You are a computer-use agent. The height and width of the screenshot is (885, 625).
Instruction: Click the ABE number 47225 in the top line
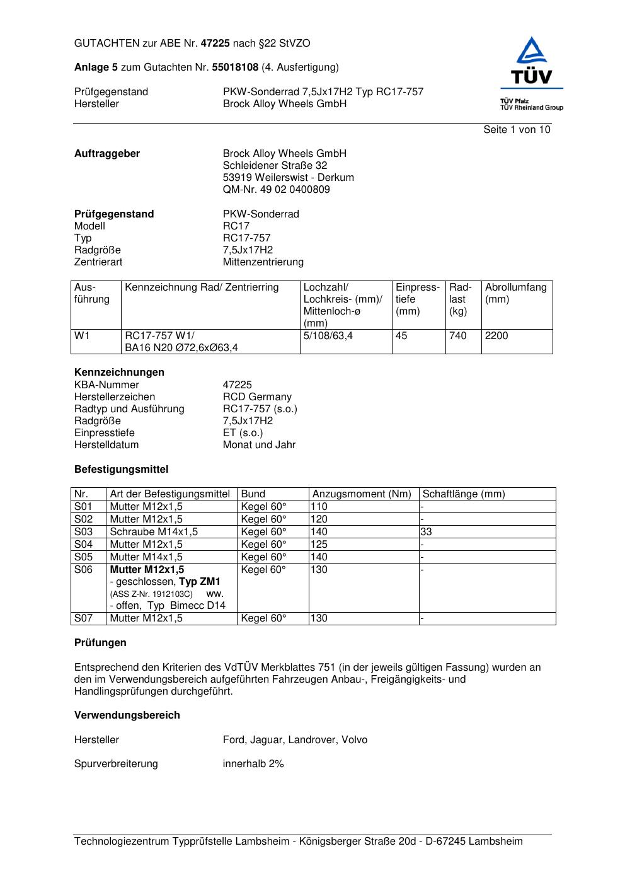215,43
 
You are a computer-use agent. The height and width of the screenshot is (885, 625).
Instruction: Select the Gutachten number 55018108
235,67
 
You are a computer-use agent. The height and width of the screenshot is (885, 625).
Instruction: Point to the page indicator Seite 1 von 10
517,130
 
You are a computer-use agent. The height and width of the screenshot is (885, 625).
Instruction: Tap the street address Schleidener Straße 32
275,166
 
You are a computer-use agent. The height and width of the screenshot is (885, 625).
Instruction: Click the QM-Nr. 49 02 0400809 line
276,190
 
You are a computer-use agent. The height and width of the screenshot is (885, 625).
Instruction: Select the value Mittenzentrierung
263,262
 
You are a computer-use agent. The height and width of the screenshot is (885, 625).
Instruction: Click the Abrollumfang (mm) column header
515,293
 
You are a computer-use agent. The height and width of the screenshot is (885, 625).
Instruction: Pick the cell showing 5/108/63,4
328,336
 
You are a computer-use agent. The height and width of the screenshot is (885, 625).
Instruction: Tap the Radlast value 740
457,336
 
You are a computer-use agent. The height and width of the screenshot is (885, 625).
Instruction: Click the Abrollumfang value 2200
496,336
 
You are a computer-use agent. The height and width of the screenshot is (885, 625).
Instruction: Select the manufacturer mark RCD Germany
257,397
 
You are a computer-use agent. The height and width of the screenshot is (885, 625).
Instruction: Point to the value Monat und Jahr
259,445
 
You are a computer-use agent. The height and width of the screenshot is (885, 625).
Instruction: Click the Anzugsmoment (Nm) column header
362,494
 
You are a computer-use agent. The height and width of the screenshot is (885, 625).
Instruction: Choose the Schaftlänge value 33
427,532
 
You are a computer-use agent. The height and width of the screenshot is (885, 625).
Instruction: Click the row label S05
83,557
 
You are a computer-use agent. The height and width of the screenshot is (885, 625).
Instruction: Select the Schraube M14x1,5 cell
154,532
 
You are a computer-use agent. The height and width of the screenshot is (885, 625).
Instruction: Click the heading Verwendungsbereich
127,715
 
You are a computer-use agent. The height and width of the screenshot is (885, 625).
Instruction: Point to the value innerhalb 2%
253,764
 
